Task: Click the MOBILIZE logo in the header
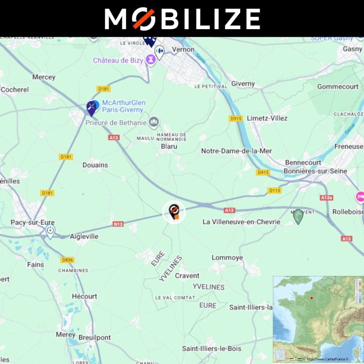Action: pyautogui.click(x=182, y=19)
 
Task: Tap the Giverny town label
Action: pyautogui.click(x=243, y=83)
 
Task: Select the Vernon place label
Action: pyautogui.click(x=183, y=50)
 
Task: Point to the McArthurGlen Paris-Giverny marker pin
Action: pyautogui.click(x=91, y=108)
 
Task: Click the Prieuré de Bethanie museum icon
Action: pyautogui.click(x=155, y=121)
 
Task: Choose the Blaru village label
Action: pyautogui.click(x=168, y=146)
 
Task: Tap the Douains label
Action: pyautogui.click(x=95, y=165)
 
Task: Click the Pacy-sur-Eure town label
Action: pyautogui.click(x=33, y=222)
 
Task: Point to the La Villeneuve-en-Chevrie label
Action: pyautogui.click(x=241, y=222)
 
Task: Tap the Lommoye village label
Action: pyautogui.click(x=227, y=258)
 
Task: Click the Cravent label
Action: pyautogui.click(x=187, y=276)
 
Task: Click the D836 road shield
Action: pyautogui.click(x=67, y=260)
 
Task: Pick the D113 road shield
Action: pyautogui.click(x=274, y=191)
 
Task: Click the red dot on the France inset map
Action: pyautogui.click(x=312, y=298)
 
